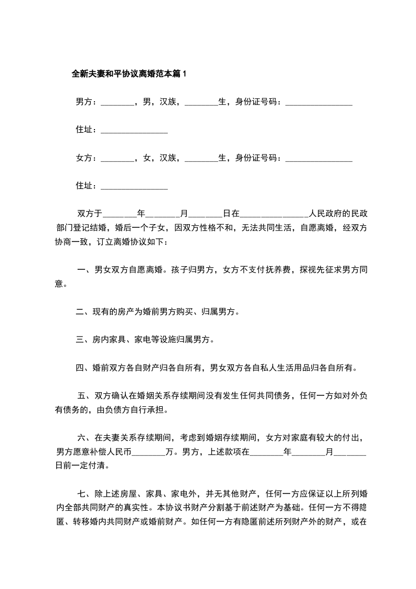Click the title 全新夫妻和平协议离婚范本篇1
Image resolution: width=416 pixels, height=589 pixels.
click(129, 74)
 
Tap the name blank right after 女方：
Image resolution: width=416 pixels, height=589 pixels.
click(117, 157)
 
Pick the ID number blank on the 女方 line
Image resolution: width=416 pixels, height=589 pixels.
click(318, 157)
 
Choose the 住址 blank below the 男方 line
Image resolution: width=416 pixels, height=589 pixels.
click(134, 130)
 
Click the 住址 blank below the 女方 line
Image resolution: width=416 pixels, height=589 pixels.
click(134, 185)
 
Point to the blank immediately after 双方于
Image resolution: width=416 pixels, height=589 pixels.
click(120, 214)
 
